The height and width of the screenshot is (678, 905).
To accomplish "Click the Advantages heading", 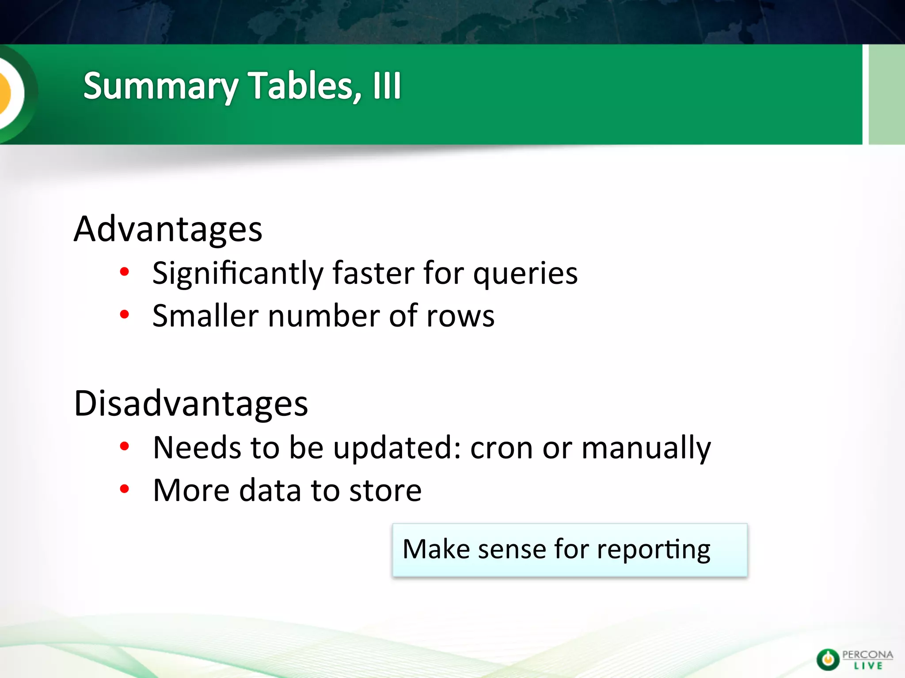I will coord(168,229).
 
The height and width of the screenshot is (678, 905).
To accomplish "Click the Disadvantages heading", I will coord(191,403).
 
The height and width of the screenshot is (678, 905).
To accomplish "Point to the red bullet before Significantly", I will coord(125,271).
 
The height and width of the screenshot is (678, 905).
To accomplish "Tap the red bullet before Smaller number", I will coord(125,314).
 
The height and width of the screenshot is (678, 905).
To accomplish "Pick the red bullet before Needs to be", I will coord(125,446).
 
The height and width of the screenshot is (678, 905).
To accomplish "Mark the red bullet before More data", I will coord(125,489).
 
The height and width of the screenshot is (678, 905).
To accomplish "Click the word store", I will coord(385,491).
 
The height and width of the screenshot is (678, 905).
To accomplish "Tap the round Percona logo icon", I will coord(827,659).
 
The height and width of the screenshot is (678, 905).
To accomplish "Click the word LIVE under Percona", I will coord(868,666).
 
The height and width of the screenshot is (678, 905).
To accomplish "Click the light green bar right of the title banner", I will coord(886,94).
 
